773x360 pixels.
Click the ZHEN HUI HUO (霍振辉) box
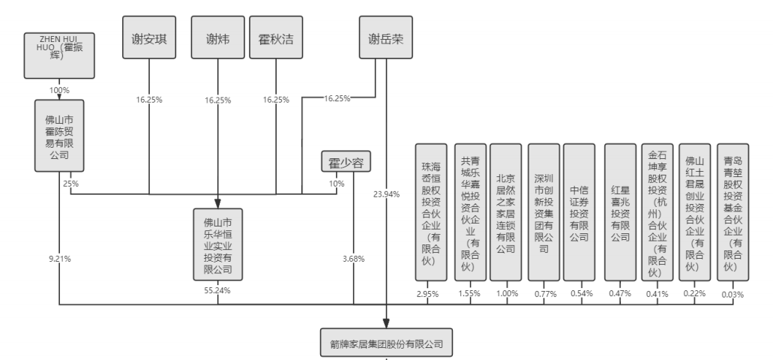tap(60, 54)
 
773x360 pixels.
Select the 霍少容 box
tap(346, 163)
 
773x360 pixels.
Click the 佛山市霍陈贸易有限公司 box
tap(58, 137)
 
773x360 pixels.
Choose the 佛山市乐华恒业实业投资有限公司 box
tap(217, 244)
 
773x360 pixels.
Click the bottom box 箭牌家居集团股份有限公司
tap(387, 345)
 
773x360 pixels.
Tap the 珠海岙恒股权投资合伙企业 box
tap(430, 211)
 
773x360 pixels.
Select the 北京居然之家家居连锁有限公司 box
tap(506, 211)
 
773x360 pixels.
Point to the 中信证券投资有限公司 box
tap(580, 211)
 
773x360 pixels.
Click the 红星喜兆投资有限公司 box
tap(619, 211)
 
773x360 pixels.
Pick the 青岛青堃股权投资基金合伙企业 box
tap(731, 211)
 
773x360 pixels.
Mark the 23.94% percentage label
tap(386, 194)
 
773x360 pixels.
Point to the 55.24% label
tap(217, 289)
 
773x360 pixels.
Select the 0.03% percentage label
tap(731, 294)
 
